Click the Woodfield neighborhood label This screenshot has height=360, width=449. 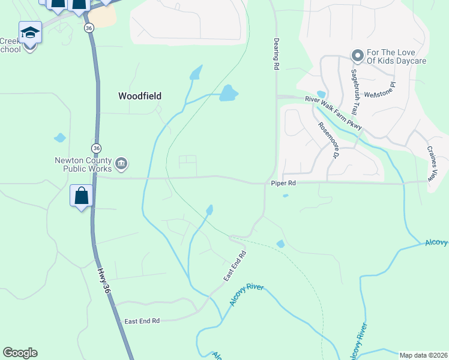pos(140,95)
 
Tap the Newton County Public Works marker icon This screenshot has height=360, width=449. pos(121,164)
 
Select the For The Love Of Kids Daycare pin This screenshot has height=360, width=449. pos(358,56)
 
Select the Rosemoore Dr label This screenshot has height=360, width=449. pos(328,140)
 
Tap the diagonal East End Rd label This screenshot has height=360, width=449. pos(235,268)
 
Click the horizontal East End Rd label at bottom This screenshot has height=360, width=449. pos(142,321)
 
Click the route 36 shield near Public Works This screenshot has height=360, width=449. pos(96,148)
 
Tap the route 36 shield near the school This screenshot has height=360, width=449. pos(89,28)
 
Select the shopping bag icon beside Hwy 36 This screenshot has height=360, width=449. pos(81,196)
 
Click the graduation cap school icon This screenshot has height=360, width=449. pos(30,32)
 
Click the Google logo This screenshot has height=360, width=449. pos(20,353)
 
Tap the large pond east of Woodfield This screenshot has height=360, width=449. pos(228,93)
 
